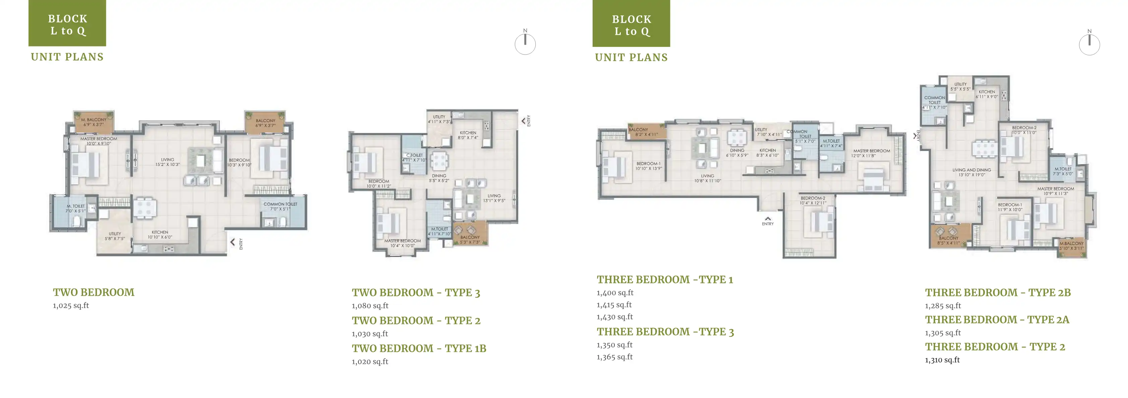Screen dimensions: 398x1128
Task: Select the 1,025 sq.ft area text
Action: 71,306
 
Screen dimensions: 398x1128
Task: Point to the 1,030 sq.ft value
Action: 370,334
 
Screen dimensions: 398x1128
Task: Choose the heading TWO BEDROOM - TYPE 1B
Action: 419,349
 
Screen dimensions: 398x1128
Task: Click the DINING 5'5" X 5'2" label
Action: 439,178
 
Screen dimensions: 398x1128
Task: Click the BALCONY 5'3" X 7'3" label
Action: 470,239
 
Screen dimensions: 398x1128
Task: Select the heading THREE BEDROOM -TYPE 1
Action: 664,280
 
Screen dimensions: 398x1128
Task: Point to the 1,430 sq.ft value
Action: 614,317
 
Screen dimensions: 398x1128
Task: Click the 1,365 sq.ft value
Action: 614,357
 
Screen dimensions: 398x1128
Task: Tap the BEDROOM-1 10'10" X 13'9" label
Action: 649,166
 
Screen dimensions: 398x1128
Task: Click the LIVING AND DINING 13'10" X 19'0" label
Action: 971,172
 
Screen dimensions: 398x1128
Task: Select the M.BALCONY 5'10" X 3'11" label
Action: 1071,246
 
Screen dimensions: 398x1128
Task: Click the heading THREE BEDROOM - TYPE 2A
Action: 997,320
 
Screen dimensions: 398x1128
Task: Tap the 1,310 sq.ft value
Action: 942,360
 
